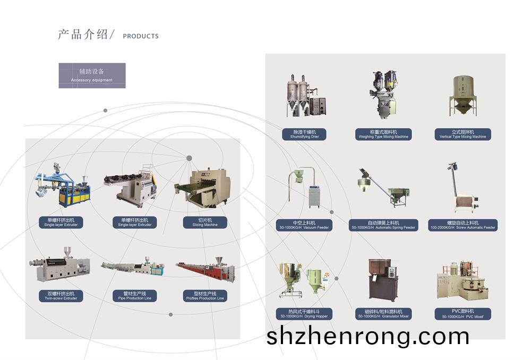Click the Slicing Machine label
(x=205, y=222)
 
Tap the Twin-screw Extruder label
(x=61, y=296)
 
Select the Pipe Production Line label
(x=134, y=296)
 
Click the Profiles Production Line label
(x=205, y=296)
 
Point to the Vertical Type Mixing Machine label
(x=463, y=134)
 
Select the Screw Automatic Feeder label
(x=463, y=225)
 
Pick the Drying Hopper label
(x=304, y=314)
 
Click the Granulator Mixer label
(x=383, y=314)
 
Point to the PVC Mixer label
(x=463, y=314)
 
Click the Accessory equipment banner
(x=92, y=75)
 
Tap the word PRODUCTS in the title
(x=141, y=37)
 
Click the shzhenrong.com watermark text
(x=367, y=336)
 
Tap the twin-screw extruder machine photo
(x=59, y=265)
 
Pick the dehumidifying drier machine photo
(x=304, y=96)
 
